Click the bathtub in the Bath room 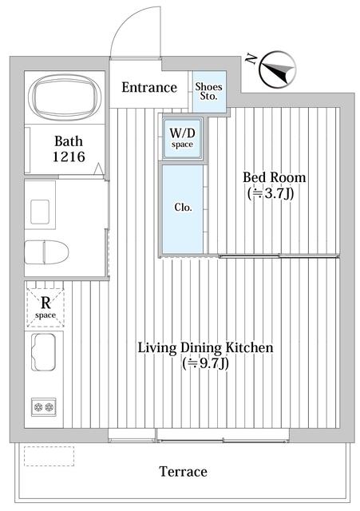click(64, 97)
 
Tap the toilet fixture click(46, 252)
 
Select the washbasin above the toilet click(40, 212)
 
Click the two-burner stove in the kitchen click(44, 406)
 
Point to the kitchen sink click(43, 352)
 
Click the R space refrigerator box click(45, 307)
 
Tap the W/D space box click(182, 138)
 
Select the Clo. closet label click(183, 208)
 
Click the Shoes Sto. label click(209, 92)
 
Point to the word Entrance click(149, 87)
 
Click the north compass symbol click(277, 69)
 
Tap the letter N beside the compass click(250, 58)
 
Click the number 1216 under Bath click(69, 157)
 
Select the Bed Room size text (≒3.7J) click(271, 193)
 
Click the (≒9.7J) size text click(206, 363)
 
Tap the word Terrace click(183, 472)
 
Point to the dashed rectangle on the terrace click(49, 456)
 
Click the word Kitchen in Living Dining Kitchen click(249, 348)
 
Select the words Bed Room click(275, 177)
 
